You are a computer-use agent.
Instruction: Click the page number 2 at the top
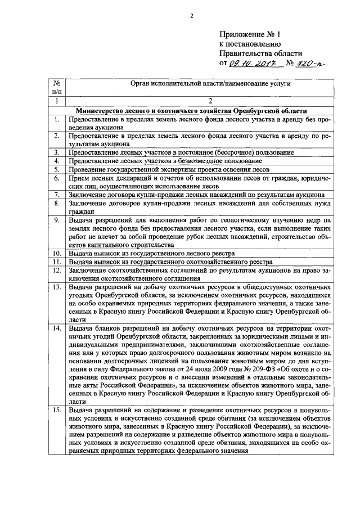191,15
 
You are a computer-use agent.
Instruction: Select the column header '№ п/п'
57,87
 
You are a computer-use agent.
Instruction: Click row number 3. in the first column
57,152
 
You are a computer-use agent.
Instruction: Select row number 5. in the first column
57,169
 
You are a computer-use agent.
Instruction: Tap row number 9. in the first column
57,220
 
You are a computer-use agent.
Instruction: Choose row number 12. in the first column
57,270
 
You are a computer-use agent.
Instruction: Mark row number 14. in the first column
57,327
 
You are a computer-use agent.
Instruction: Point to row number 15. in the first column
57,411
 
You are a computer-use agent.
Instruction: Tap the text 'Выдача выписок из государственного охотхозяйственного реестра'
170,262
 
